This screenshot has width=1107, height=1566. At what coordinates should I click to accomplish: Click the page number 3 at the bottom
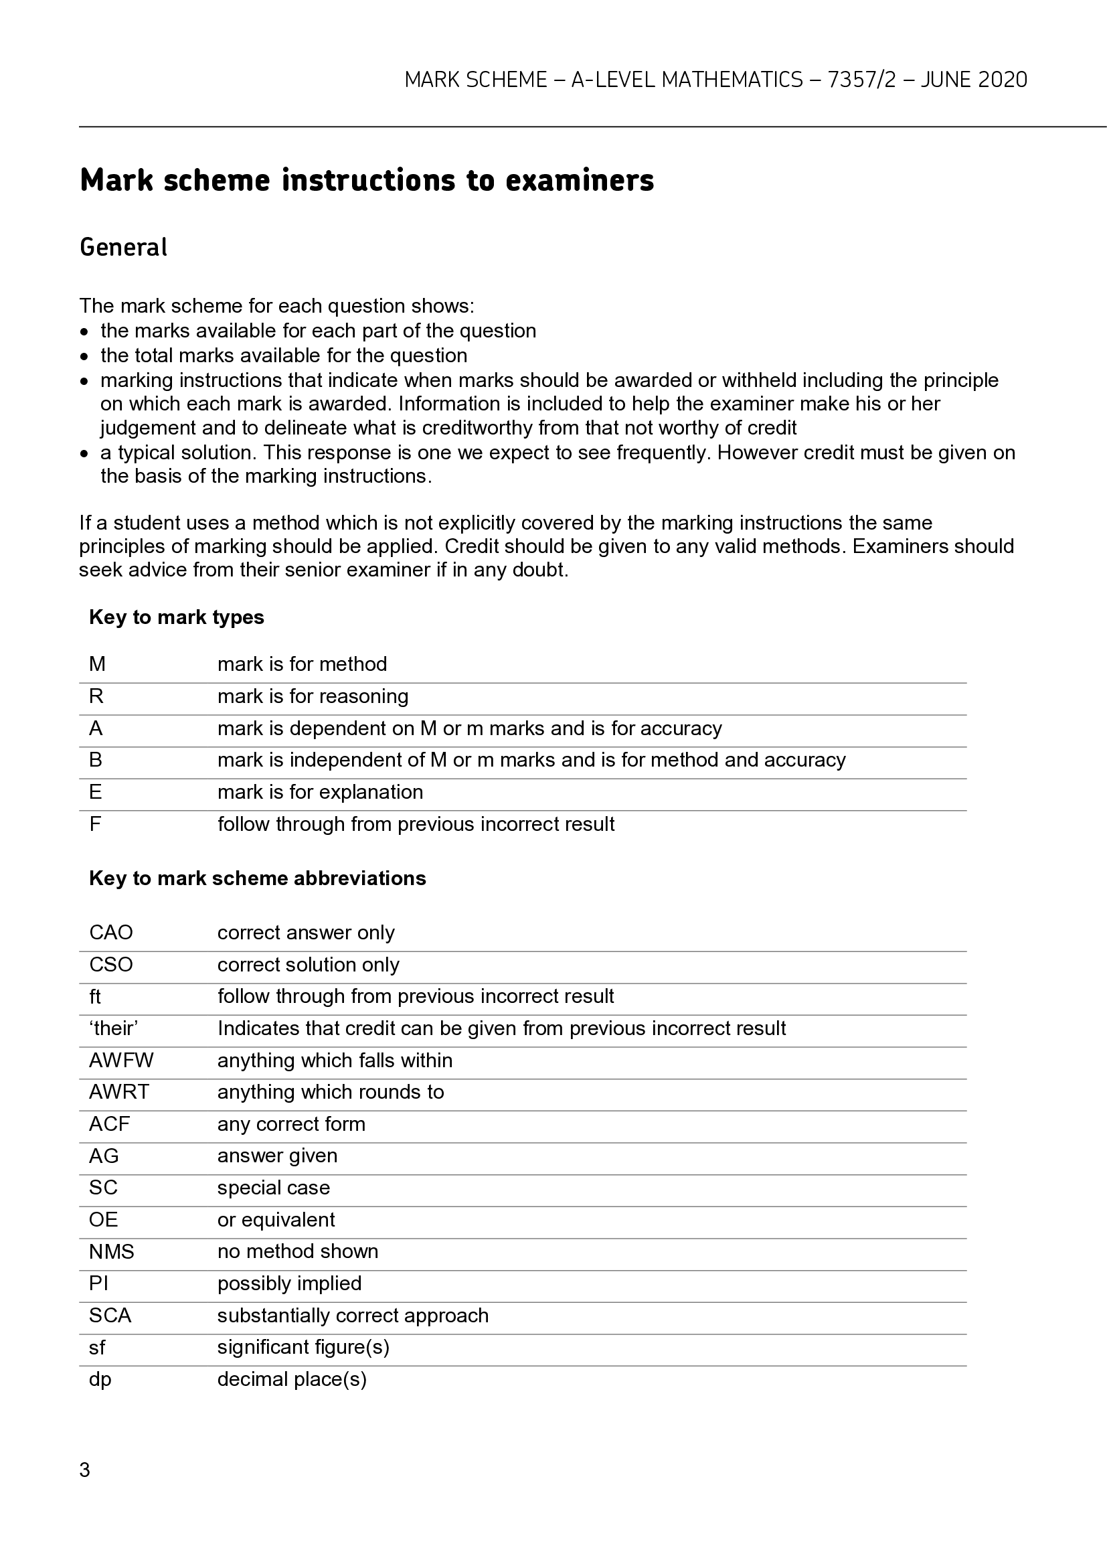pos(84,1470)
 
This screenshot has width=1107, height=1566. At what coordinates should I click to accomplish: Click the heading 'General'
pos(123,247)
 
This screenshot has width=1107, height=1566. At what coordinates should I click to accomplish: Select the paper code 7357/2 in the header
pos(861,80)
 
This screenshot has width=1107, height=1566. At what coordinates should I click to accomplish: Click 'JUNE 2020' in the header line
pos(973,80)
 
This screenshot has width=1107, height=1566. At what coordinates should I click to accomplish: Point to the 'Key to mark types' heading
pos(176,617)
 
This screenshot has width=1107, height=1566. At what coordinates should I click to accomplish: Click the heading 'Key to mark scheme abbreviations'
pos(257,878)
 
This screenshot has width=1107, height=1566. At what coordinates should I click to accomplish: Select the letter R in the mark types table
pos(96,696)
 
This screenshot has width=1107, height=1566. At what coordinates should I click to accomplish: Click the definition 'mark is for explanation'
pos(320,792)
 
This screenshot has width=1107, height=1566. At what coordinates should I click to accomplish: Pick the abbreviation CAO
pos(110,933)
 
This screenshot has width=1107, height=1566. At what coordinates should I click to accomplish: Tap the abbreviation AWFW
pos(120,1061)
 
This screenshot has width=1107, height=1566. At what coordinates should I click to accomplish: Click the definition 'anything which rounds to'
pos(330,1092)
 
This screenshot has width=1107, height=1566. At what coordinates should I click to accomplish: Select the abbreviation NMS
pos(111,1251)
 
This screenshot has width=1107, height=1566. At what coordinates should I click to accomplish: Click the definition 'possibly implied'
pos(289,1283)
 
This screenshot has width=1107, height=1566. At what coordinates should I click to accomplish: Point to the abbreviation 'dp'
pos(100,1379)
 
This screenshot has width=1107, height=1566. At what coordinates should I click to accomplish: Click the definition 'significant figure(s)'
pos(303,1347)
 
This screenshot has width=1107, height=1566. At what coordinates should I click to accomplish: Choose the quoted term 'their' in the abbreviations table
pos(113,1028)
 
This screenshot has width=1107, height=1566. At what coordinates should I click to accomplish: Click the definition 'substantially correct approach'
pos(353,1315)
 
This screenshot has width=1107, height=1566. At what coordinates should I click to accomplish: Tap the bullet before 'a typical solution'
pos(84,453)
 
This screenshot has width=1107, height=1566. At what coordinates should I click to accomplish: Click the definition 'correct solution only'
pos(308,964)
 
